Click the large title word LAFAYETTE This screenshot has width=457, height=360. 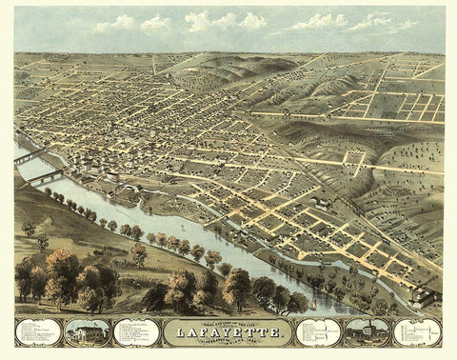tap(228, 331)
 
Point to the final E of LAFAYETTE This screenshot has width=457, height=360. tap(283, 331)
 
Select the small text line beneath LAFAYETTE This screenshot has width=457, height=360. tap(228, 342)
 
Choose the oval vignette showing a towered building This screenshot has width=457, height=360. tap(367, 331)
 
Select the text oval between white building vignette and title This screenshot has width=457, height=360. tap(136, 331)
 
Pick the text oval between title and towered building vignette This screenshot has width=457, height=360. tap(318, 331)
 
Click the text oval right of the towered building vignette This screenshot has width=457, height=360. tap(417, 331)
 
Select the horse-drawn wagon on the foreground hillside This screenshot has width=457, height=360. tap(143, 276)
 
